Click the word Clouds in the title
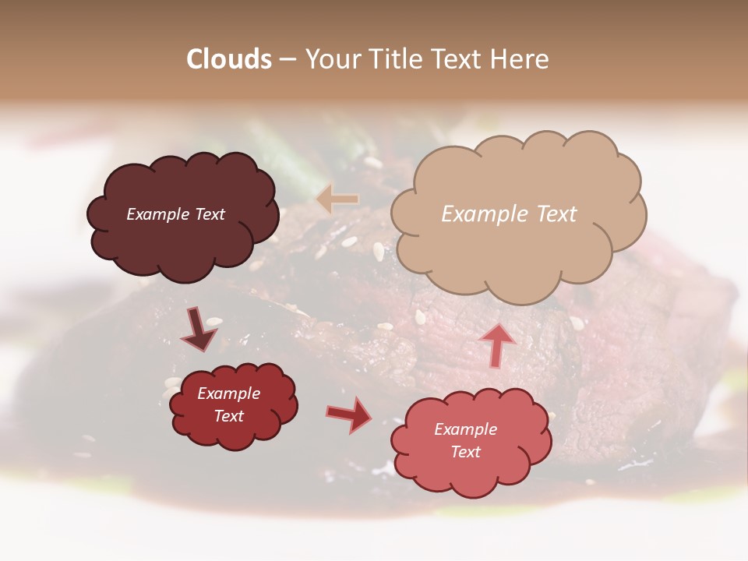(x=229, y=59)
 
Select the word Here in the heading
(x=520, y=59)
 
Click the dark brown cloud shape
(x=182, y=242)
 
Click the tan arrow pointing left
(x=337, y=199)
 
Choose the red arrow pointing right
(x=350, y=414)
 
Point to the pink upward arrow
(x=497, y=344)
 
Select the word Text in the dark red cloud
(x=229, y=416)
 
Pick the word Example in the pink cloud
(x=465, y=429)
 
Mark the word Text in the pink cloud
(x=465, y=452)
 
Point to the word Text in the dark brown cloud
(x=210, y=214)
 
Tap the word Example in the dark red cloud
(x=229, y=393)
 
